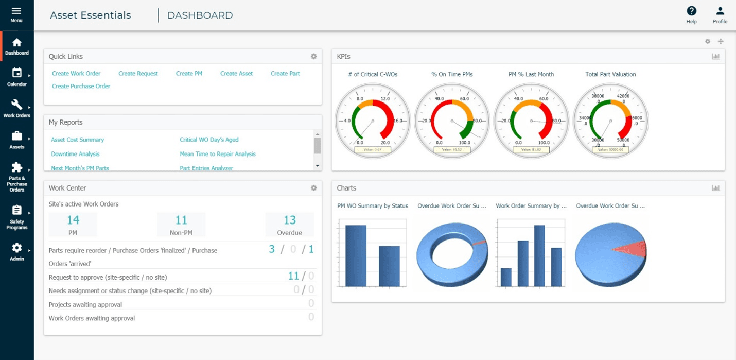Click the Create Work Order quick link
[x=76, y=74]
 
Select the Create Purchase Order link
[x=81, y=87]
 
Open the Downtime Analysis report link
[x=75, y=154]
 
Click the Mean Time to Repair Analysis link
[x=217, y=154]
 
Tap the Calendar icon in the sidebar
[x=17, y=73]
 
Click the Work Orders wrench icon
[x=17, y=105]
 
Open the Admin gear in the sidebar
[x=17, y=248]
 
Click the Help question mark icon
[x=691, y=11]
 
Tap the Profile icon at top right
[x=720, y=11]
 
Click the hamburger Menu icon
[x=16, y=11]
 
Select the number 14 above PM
[x=73, y=220]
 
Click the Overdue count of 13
[x=290, y=220]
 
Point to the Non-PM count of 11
[x=181, y=220]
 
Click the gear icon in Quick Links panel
[x=313, y=57]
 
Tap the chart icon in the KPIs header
[x=715, y=57]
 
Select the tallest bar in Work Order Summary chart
[x=539, y=255]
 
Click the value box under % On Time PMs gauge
[x=452, y=150]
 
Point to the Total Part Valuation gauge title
[x=610, y=74]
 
